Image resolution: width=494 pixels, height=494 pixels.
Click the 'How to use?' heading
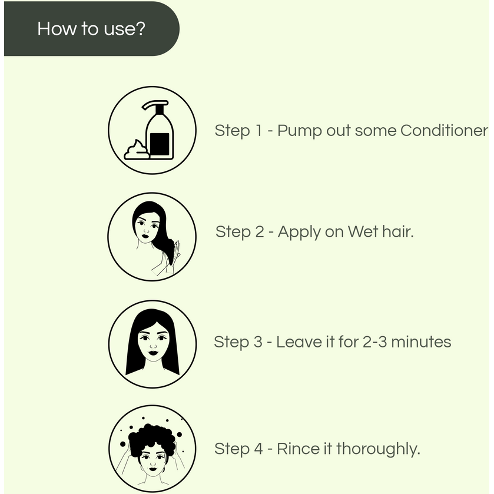[x=91, y=28]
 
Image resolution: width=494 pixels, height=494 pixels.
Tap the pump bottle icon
[x=159, y=132]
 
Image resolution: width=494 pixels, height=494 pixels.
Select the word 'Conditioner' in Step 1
[x=444, y=130]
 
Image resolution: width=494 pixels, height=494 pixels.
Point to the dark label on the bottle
[x=160, y=143]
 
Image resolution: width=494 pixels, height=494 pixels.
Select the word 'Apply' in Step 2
[x=299, y=233]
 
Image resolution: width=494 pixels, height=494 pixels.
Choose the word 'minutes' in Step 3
[x=421, y=342]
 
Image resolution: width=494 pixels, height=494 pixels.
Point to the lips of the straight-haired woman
[x=152, y=353]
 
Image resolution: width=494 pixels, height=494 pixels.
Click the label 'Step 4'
[x=238, y=449]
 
